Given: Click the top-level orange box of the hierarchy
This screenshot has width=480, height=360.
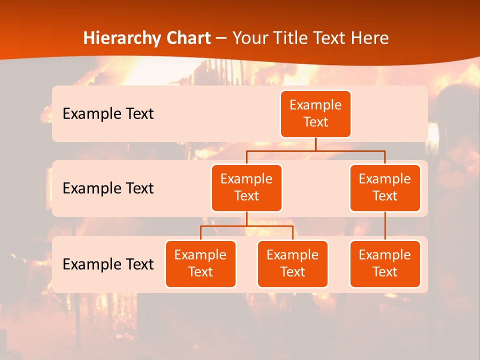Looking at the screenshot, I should pos(315,114).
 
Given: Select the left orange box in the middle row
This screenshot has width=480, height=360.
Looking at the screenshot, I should pos(246,188).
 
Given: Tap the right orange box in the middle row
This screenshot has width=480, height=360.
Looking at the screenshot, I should pos(385,188).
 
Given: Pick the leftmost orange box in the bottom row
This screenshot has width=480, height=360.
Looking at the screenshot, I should pos(200,264).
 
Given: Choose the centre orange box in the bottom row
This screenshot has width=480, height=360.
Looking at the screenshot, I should pos(292,264).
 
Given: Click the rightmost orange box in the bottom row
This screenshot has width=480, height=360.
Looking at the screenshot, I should pos(385,264).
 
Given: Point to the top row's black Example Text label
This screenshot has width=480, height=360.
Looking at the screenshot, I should pos(108,114).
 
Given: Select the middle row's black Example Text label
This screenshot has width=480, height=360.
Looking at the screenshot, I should pos(108,188).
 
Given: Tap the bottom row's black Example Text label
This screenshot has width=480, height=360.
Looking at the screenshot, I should pos(108,264).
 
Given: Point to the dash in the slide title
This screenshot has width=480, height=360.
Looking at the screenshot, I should pos(222,38).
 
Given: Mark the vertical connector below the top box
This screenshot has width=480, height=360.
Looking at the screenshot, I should pos(315,144).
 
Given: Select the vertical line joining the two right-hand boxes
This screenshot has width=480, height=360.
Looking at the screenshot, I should pos(385,226).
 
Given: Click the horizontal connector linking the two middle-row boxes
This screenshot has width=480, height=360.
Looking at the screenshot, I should pos(315,150).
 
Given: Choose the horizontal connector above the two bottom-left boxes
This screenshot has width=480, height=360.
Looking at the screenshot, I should pos(246,226).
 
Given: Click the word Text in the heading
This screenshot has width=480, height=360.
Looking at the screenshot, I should pos(329,38).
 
